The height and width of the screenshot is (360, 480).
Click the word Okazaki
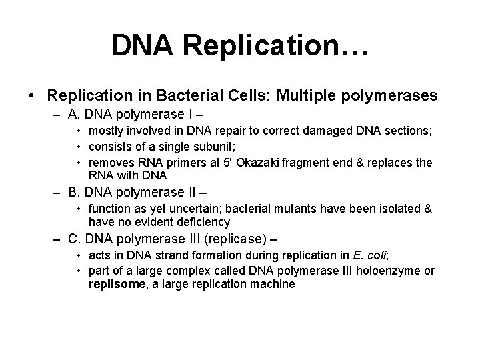(x=259, y=163)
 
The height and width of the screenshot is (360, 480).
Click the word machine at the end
(x=271, y=283)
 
